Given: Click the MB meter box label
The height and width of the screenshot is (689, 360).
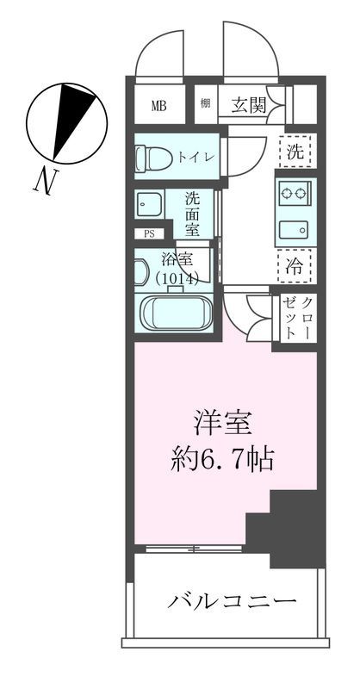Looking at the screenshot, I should (158, 106).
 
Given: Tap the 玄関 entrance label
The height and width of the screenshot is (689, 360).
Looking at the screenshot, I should (247, 105).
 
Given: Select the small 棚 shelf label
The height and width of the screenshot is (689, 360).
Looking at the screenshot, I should (206, 104).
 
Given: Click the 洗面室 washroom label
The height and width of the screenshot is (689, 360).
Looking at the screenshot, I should (196, 213).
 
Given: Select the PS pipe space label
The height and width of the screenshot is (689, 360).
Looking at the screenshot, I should (149, 233).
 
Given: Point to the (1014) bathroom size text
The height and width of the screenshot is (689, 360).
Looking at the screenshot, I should (177, 278).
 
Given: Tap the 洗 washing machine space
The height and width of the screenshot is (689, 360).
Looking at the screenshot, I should (295, 152).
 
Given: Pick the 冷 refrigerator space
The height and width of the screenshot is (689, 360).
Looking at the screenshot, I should (295, 265).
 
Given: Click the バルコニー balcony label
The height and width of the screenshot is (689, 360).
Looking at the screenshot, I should (232, 599).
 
